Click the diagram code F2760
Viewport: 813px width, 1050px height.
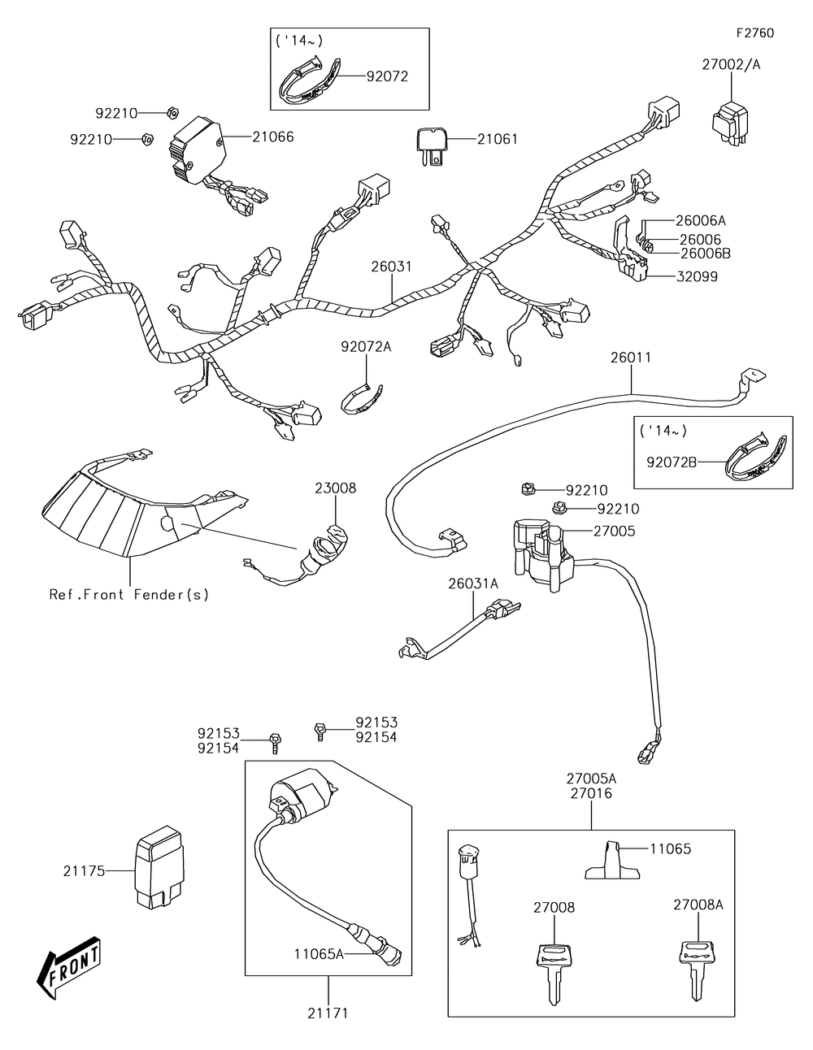tap(754, 33)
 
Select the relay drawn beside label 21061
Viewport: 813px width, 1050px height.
tap(433, 145)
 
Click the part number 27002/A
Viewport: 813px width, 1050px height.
tap(732, 65)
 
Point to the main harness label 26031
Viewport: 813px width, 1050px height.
tap(392, 266)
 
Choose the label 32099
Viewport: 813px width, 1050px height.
tap(698, 276)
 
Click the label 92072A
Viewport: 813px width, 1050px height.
tap(366, 347)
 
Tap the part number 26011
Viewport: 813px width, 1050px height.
tap(631, 357)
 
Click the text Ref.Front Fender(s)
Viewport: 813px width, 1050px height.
tap(129, 594)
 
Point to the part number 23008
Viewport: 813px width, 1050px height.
tap(336, 488)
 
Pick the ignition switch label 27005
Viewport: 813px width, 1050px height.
tap(614, 531)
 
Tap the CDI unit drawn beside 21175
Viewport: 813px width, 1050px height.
tap(158, 870)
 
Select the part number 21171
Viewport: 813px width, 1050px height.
tap(328, 1013)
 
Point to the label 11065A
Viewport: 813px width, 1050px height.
tap(320, 954)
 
